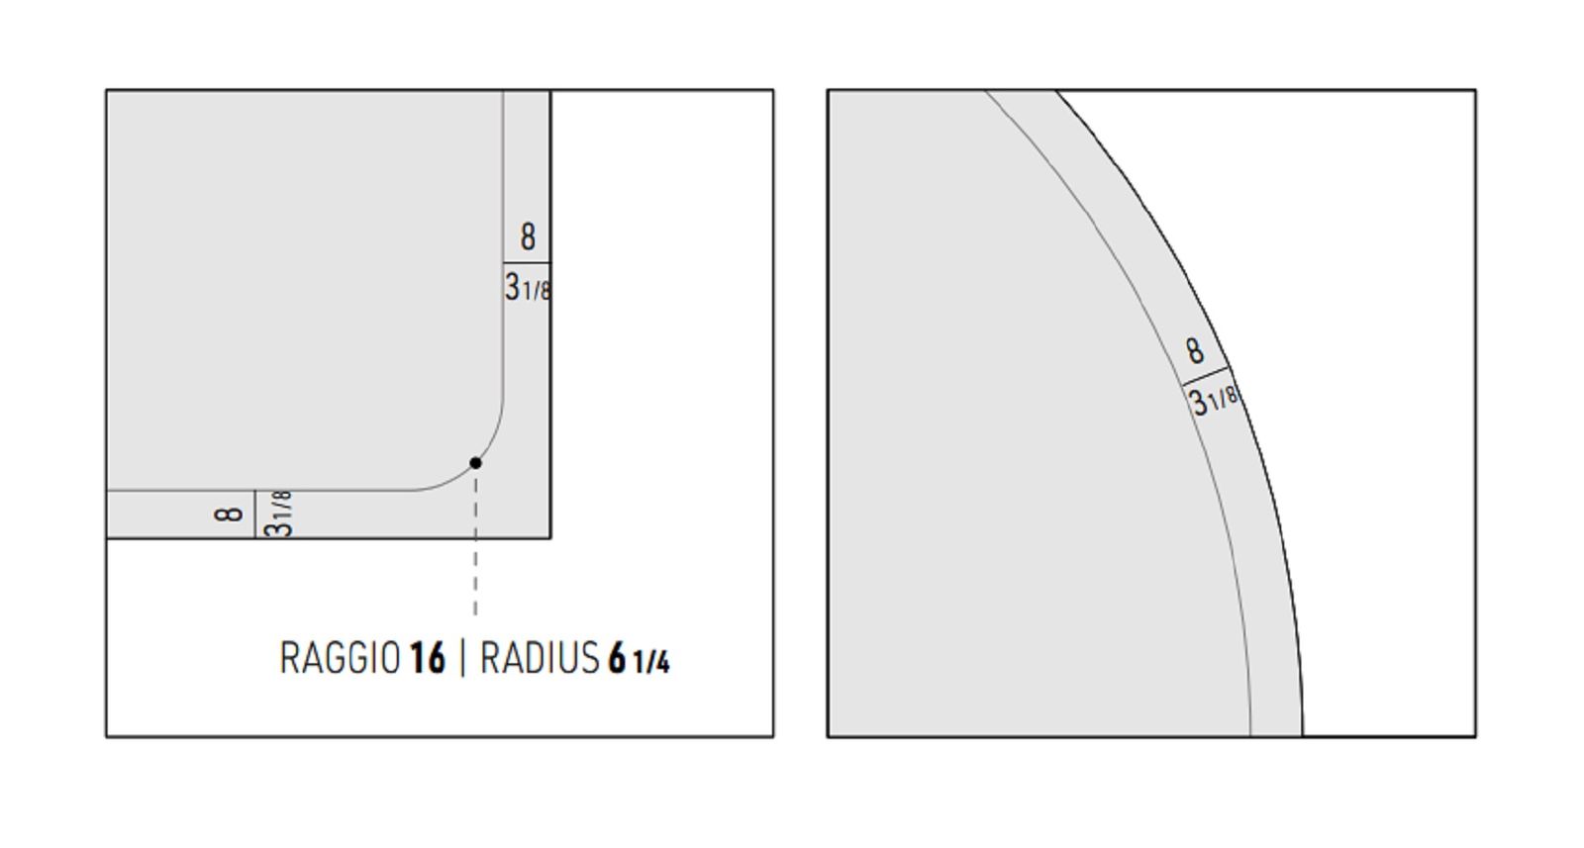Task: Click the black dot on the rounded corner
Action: (x=476, y=463)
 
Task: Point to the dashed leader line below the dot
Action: (x=476, y=545)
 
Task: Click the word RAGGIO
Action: (x=341, y=659)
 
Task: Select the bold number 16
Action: (x=428, y=659)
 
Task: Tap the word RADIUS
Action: (x=540, y=659)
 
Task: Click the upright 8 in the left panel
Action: (x=529, y=236)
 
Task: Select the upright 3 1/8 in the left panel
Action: (x=528, y=288)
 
